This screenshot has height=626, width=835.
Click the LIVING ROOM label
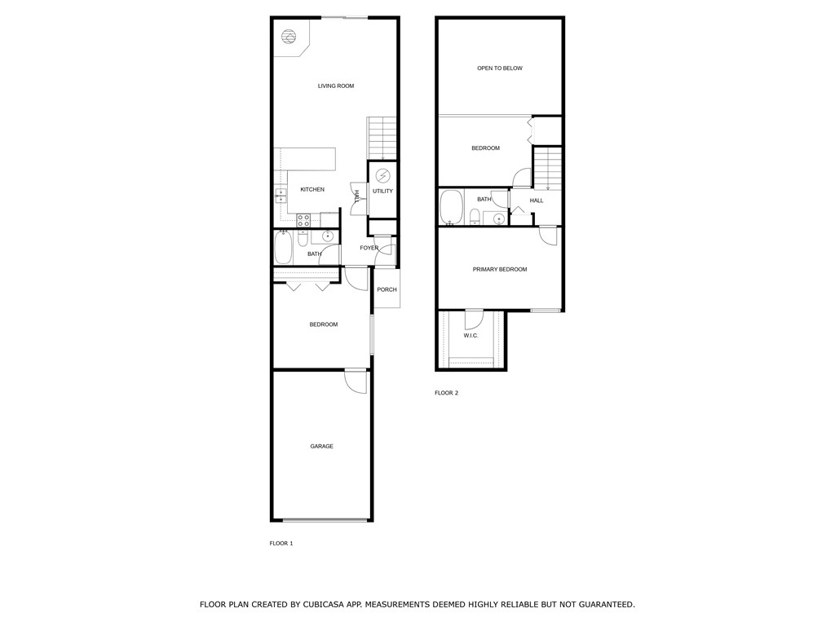(x=335, y=86)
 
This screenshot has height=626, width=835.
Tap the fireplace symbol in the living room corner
(x=288, y=37)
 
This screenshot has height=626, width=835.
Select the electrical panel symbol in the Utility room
(x=382, y=175)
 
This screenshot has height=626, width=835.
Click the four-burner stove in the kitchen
(x=303, y=219)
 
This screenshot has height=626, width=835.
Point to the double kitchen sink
(x=280, y=195)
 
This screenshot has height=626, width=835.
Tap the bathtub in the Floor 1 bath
(x=283, y=248)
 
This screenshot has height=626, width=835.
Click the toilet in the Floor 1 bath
(x=303, y=240)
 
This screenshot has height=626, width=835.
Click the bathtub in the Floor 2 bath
(x=450, y=208)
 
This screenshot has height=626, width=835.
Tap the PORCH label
(x=387, y=289)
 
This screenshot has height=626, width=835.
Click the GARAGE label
(x=321, y=446)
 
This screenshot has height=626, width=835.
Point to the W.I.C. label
(x=471, y=335)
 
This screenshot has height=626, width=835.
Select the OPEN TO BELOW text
(x=499, y=68)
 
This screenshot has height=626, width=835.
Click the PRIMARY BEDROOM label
(x=499, y=269)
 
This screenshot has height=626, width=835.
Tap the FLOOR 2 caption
(x=446, y=393)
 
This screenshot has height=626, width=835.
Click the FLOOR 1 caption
(x=281, y=543)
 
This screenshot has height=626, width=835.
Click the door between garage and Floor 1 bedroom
(x=356, y=379)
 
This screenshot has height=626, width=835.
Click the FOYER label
(x=369, y=248)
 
